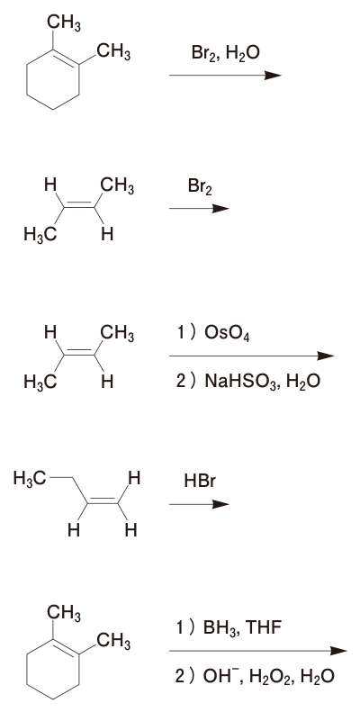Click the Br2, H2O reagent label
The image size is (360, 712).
click(x=226, y=54)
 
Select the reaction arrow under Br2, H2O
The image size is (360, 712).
click(x=225, y=76)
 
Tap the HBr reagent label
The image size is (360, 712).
click(x=200, y=481)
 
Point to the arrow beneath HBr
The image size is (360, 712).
click(x=199, y=504)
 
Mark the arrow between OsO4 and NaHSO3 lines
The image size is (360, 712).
click(x=251, y=356)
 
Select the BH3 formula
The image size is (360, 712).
click(x=220, y=628)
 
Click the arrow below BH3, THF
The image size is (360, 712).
click(x=258, y=651)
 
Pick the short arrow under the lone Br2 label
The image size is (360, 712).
click(x=199, y=209)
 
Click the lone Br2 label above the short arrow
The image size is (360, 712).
click(x=200, y=186)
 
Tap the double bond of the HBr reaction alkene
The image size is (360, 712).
click(x=103, y=500)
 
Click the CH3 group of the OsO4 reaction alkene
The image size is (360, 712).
click(x=117, y=334)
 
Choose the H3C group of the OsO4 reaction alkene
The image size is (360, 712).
click(x=40, y=382)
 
